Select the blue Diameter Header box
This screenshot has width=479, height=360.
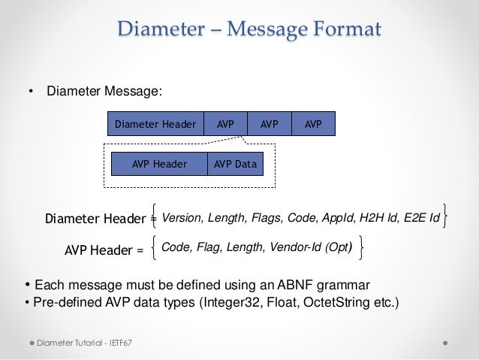click(x=155, y=123)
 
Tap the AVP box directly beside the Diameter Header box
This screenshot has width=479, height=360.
click(x=225, y=123)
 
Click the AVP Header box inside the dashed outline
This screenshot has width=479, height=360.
click(x=159, y=164)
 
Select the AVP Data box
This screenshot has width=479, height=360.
click(x=235, y=164)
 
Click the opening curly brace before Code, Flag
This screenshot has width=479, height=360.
click(x=154, y=245)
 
